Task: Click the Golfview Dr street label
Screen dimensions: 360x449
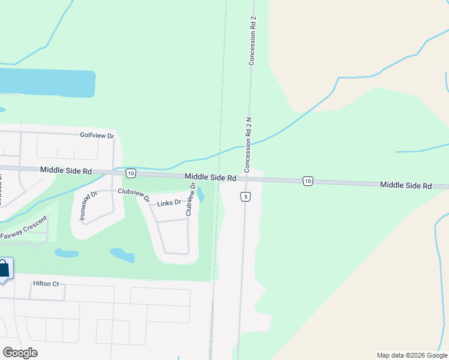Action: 97,136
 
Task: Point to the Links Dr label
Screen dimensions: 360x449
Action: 169,203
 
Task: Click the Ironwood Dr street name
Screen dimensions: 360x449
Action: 88,206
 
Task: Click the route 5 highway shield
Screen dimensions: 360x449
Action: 245,197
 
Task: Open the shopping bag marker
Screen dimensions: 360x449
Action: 4,269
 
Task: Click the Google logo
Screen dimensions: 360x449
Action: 20,352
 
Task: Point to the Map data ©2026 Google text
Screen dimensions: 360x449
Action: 411,355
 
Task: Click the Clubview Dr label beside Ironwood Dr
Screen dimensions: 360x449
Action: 133,193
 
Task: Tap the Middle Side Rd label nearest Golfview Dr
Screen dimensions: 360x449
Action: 66,171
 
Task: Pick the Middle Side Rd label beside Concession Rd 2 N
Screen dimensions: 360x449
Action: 210,177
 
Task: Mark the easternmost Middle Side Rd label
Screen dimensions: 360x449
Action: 406,186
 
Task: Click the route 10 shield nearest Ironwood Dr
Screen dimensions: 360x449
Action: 130,173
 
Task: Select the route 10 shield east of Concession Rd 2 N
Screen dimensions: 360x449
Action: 307,181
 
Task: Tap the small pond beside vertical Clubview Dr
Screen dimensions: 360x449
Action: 200,195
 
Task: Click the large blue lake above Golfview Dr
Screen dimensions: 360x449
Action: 48,83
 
